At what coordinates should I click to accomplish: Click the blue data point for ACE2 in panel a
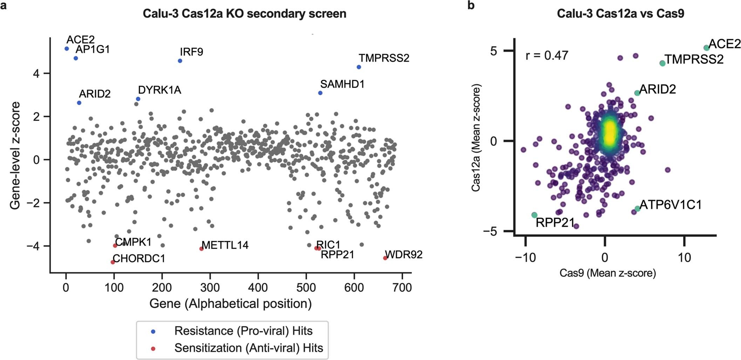click(67, 49)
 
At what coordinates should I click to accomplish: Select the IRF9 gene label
click(191, 52)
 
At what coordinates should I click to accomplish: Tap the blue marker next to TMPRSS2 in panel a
click(359, 67)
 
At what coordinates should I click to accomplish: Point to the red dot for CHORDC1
click(113, 262)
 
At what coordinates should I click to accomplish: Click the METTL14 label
click(225, 245)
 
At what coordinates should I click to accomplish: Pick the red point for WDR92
click(385, 258)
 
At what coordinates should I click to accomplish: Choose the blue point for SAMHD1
click(320, 93)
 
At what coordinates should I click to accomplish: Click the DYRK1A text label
click(159, 90)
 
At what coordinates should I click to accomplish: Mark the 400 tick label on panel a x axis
click(258, 288)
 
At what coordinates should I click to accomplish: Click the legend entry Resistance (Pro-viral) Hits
click(243, 331)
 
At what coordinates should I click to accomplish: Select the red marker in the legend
click(152, 348)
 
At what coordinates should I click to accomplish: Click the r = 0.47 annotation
click(547, 55)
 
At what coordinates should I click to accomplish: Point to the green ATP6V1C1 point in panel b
click(637, 209)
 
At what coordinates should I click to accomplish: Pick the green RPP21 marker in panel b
click(534, 215)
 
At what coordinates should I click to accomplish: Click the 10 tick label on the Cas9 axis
click(684, 258)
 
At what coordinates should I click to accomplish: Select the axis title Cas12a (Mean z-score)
click(476, 139)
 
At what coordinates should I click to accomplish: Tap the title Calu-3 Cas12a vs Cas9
click(620, 14)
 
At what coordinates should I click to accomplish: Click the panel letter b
click(471, 6)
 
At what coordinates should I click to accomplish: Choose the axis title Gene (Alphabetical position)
click(230, 304)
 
